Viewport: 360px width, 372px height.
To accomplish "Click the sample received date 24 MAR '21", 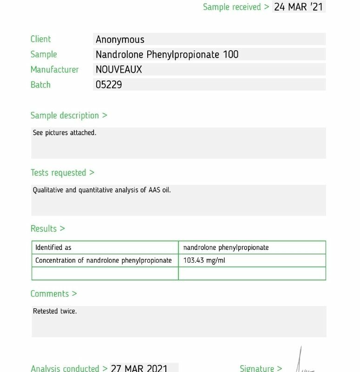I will (x=298, y=7).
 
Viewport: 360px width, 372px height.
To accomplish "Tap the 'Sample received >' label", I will (x=236, y=7).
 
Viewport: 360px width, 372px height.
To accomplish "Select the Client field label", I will (x=41, y=39).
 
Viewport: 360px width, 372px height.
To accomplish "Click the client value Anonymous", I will (x=120, y=40).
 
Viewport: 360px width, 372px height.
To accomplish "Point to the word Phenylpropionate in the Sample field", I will (x=183, y=54).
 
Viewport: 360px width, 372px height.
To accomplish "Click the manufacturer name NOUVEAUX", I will (x=118, y=70).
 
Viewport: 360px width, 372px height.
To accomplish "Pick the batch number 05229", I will (x=109, y=85).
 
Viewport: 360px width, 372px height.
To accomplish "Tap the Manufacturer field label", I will (x=54, y=70).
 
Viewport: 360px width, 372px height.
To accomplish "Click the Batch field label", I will (x=40, y=85).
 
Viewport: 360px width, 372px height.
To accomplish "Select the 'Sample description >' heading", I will (x=69, y=115).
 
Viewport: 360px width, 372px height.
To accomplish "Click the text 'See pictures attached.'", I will (x=65, y=133).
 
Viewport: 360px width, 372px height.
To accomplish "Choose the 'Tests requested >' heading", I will (x=62, y=173).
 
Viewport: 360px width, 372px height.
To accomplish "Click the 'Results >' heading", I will (x=47, y=228).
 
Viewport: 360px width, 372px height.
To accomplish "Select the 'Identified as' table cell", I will (x=53, y=247).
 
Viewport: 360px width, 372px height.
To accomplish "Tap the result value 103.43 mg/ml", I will (x=204, y=260).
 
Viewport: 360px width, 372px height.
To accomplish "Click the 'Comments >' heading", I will (x=53, y=293).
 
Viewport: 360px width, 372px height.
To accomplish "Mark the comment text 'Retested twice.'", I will (x=55, y=311).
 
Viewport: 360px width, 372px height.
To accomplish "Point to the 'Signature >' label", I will (x=261, y=368).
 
